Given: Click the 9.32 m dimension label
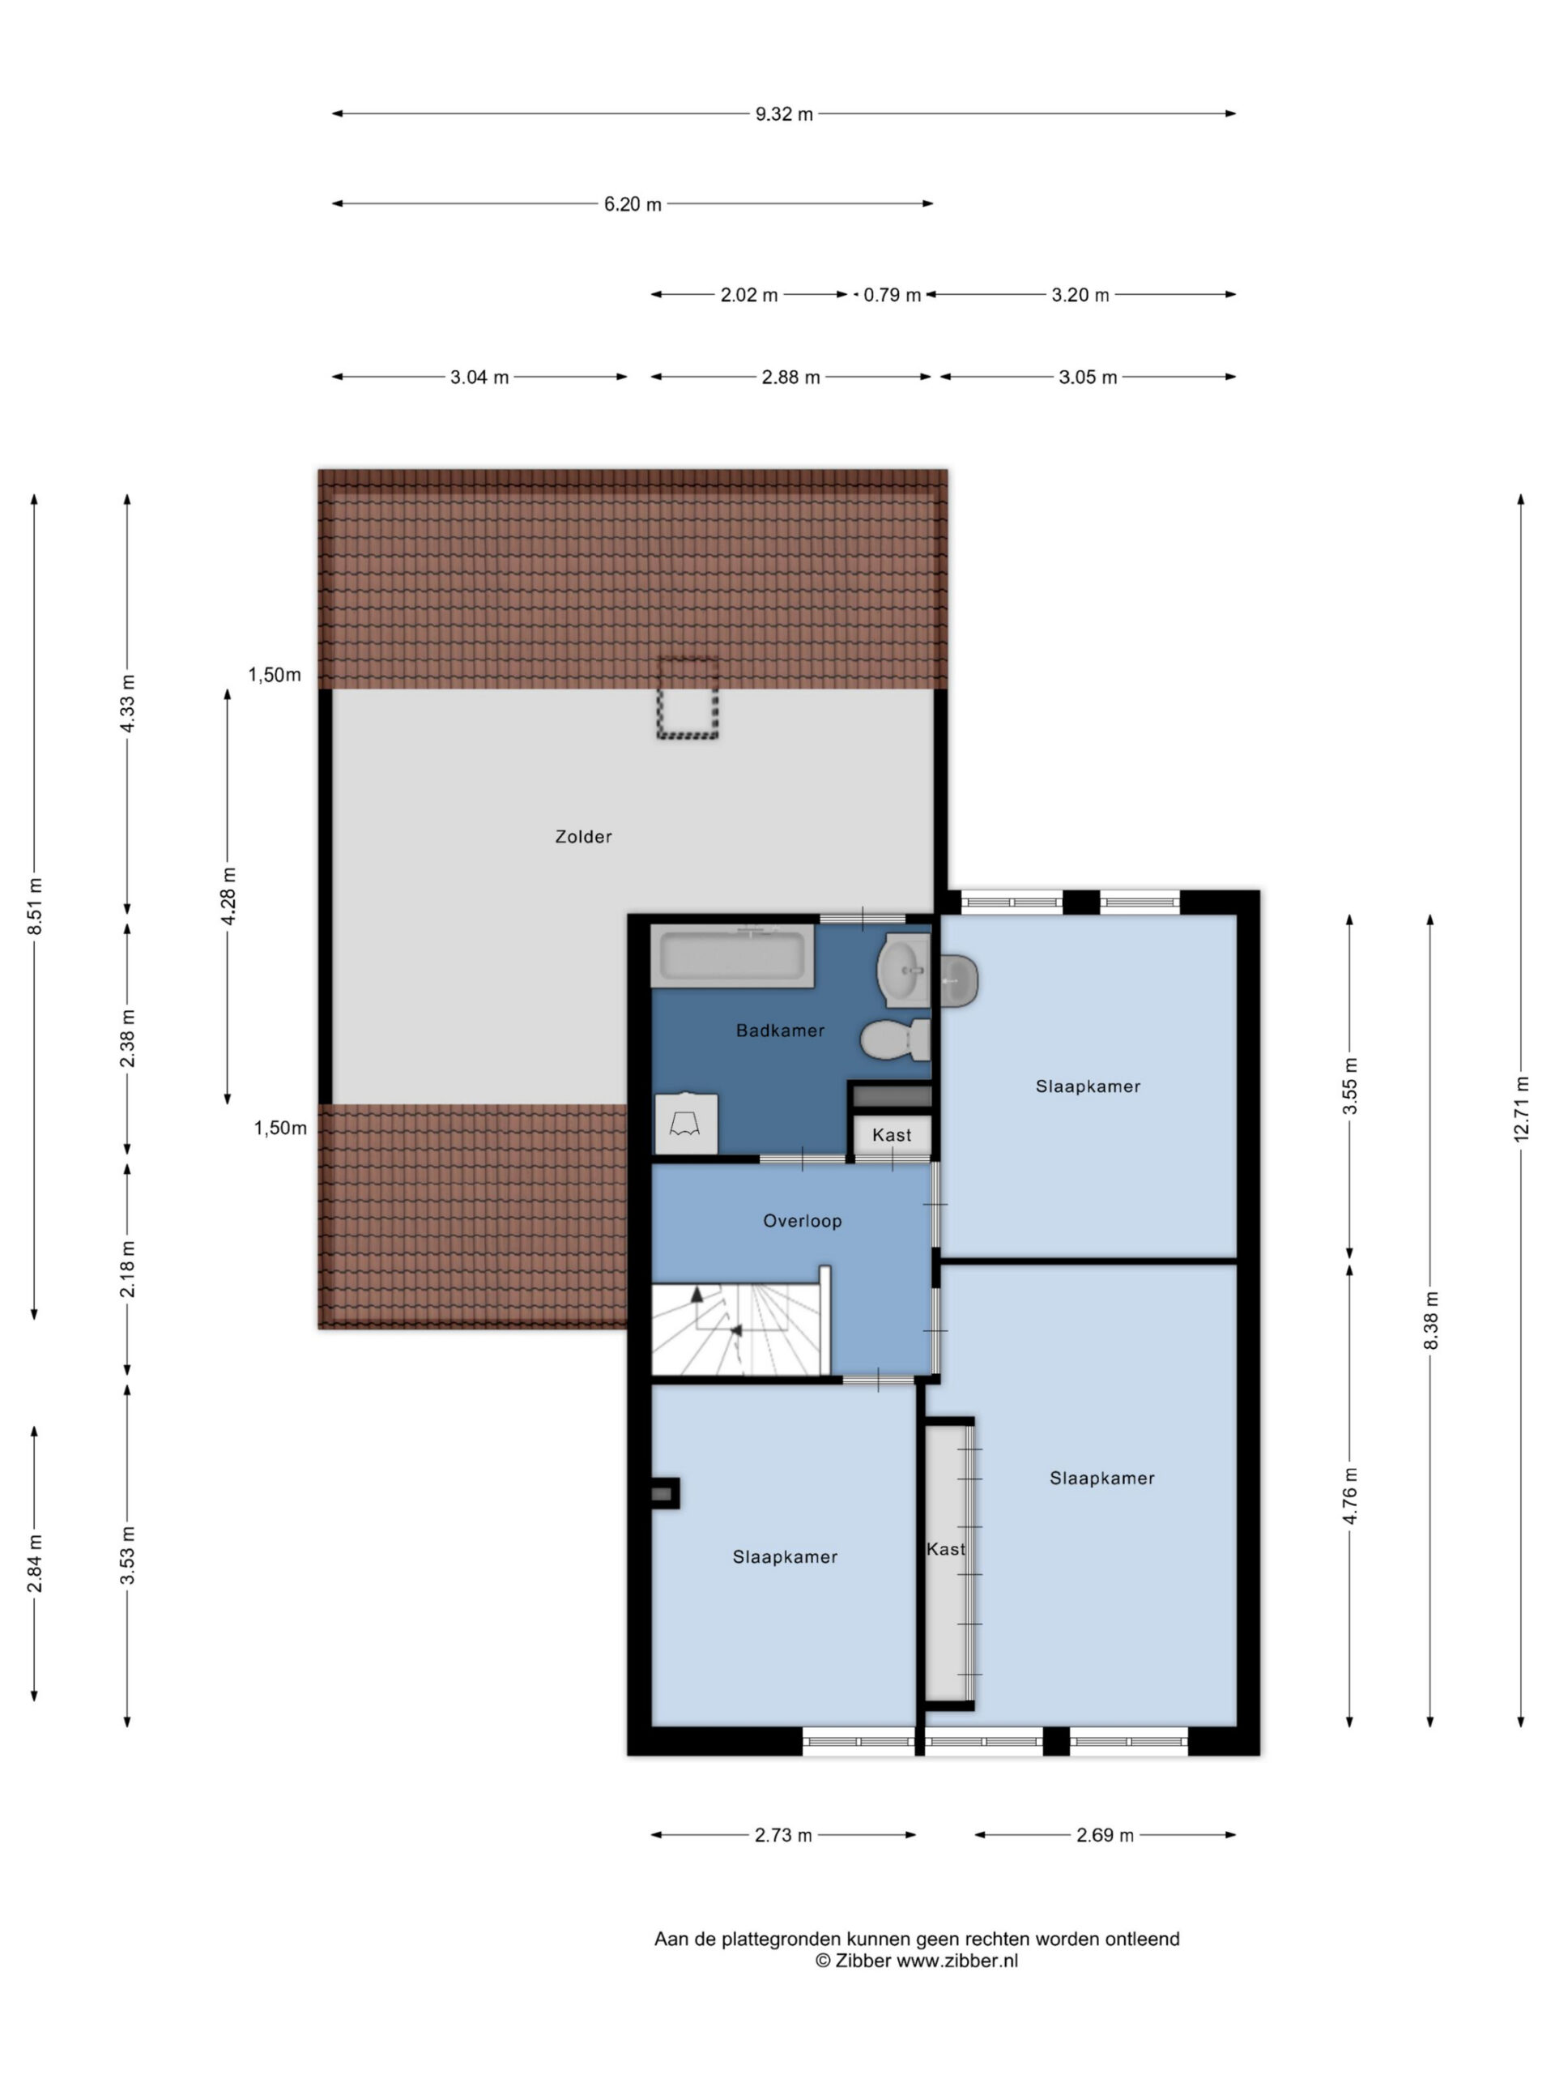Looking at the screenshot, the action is pos(784,113).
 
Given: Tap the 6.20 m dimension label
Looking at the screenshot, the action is pos(633,203).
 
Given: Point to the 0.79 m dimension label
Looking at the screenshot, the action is pos(892,294).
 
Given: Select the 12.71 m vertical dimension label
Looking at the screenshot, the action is pos(1520,1107).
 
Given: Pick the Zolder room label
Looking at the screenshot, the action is pos(583,836).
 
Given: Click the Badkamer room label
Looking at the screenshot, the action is pos(780,1031).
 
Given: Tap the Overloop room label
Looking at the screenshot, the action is pos(803,1221).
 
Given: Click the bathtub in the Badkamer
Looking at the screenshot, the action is pos(733,955).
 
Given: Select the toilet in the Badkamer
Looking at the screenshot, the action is pos(895,1039).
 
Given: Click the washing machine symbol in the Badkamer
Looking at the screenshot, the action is pos(686,1122).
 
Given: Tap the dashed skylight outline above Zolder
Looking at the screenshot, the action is pos(687,698).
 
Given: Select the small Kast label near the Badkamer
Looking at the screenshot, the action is pos(892,1134).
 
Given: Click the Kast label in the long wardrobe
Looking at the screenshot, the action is pos(946,1549).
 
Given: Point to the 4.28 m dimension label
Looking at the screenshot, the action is pos(228,895).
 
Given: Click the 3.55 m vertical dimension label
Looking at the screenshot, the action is pos(1350,1085).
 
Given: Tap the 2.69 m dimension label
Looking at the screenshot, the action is pos(1105,1835).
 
